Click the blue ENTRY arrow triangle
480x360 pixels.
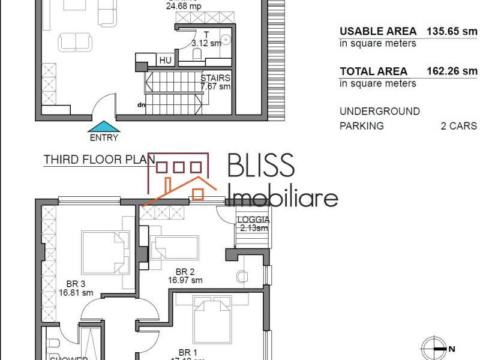coord(104,127)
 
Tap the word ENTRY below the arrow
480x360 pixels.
coord(104,137)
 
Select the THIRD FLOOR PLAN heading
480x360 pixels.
coord(99,160)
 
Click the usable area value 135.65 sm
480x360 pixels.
coord(451,31)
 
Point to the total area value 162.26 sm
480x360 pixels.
coord(451,71)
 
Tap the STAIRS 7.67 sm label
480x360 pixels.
coord(215,82)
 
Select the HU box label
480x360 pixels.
coord(165,61)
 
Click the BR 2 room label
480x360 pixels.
coord(185,275)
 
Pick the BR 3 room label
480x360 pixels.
coord(76,289)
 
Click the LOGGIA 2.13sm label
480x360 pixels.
coord(254,224)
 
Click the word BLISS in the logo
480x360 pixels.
coord(261,166)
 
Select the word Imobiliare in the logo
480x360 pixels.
coord(284,196)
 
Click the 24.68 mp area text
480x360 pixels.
coord(183,7)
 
